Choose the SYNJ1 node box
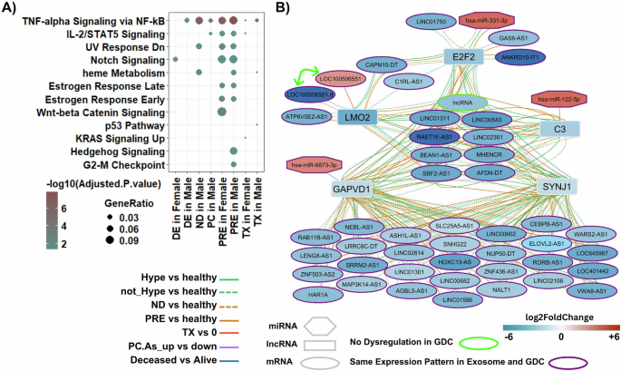[558, 187]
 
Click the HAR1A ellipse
[318, 295]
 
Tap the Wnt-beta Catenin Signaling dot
[219, 112]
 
